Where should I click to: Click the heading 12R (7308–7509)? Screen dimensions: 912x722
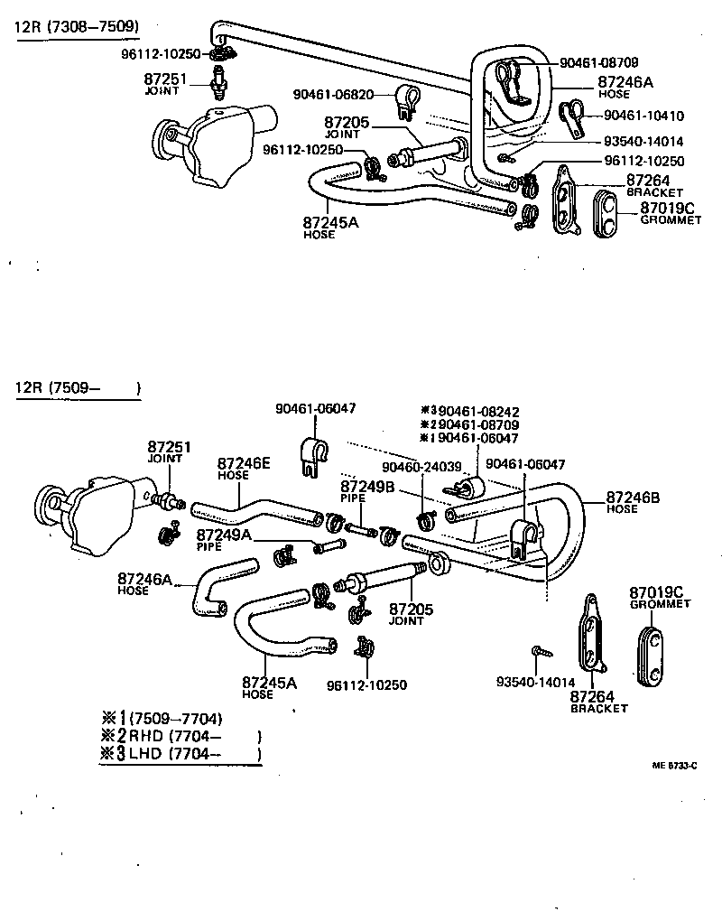tap(76, 26)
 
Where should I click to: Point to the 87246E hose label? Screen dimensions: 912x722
tap(243, 466)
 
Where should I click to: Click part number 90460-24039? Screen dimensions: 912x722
tap(421, 467)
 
